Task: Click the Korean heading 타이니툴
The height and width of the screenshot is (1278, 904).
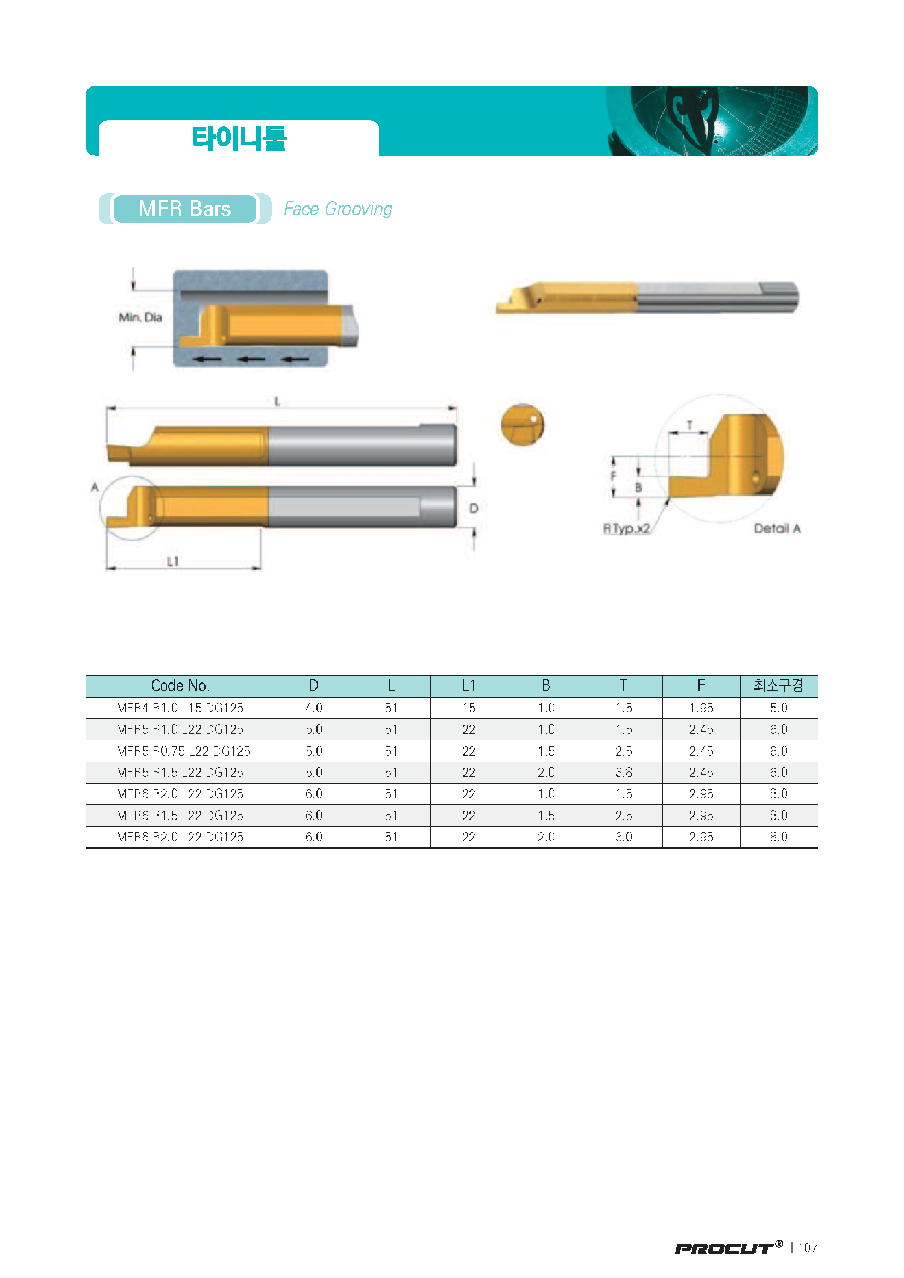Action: (x=239, y=138)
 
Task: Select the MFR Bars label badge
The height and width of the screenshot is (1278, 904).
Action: (x=185, y=209)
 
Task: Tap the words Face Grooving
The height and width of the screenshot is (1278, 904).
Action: (x=338, y=209)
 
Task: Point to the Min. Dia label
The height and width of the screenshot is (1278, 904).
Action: (x=140, y=317)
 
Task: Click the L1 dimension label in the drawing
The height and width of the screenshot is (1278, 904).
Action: (x=173, y=561)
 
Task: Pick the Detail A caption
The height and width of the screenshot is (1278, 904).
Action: (x=777, y=528)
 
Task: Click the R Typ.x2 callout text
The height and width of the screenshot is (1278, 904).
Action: (x=627, y=528)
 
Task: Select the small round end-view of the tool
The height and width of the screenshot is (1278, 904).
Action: (x=522, y=425)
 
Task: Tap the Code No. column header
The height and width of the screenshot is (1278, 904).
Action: (x=180, y=685)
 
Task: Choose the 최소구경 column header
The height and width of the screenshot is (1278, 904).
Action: (x=778, y=685)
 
